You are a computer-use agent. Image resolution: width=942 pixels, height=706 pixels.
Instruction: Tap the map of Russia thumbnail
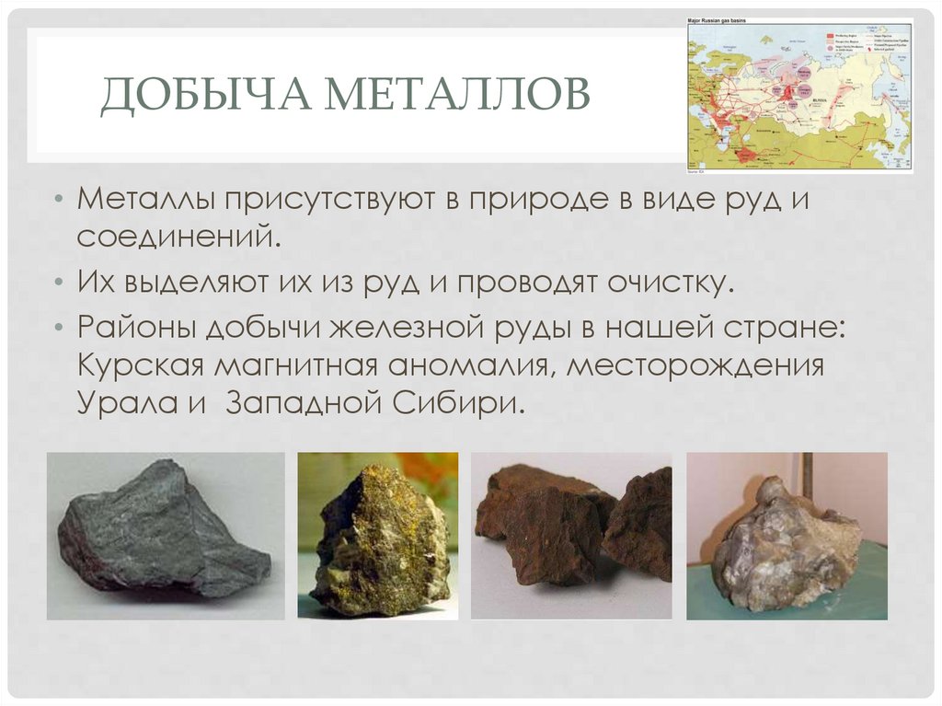[x=799, y=94]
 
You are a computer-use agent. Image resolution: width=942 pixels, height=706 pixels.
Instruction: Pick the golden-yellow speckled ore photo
[x=377, y=536]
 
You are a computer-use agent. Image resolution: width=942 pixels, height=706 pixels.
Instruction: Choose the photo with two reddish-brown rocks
[x=571, y=536]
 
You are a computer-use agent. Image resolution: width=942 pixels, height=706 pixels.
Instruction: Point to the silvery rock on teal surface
[x=787, y=536]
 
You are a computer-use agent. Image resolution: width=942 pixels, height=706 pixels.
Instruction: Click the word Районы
[x=135, y=328]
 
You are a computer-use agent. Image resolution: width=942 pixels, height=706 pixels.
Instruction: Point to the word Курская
[x=140, y=365]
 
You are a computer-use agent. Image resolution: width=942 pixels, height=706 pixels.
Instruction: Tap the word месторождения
[x=695, y=365]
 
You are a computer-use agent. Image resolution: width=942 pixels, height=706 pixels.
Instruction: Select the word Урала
[x=119, y=402]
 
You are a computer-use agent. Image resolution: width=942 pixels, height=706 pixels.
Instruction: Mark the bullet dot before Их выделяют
[x=58, y=283]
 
